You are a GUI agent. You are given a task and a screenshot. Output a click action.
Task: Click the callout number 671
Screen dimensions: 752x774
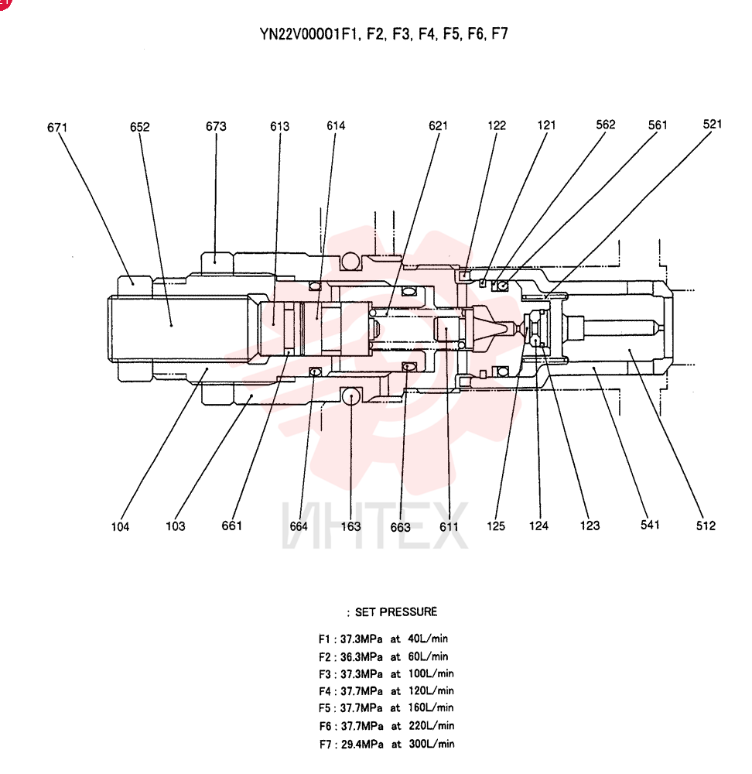tap(56, 128)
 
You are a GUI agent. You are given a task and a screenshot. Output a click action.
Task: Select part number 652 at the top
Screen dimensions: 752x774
tap(139, 127)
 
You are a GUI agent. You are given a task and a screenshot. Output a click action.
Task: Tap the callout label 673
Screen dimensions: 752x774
tap(216, 126)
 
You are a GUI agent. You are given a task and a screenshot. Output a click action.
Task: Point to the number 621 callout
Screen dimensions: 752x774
tap(438, 126)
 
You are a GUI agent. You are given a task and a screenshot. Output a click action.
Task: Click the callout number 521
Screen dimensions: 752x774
tap(713, 124)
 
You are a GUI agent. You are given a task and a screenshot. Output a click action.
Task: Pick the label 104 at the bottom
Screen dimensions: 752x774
tap(120, 526)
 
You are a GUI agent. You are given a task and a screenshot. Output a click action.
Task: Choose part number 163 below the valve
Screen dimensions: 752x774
tap(350, 526)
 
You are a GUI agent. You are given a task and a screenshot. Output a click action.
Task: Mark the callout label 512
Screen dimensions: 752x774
tap(706, 526)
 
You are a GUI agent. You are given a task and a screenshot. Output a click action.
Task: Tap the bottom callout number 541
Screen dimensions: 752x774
tap(650, 525)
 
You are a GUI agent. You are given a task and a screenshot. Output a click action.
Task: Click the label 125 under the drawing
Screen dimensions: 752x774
tap(496, 526)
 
